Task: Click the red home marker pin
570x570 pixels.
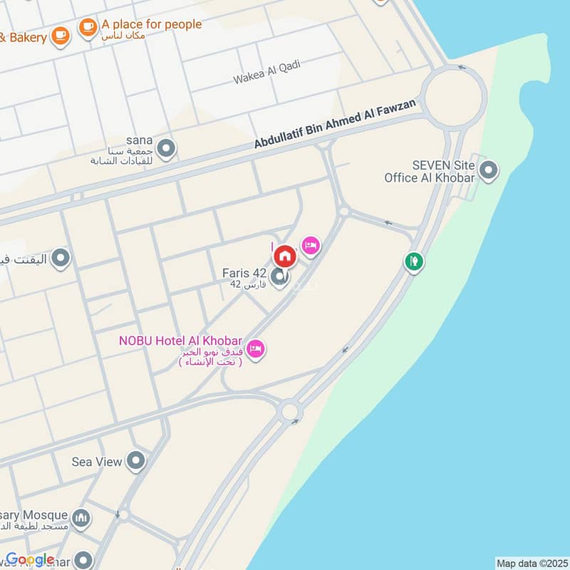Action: [x=285, y=255]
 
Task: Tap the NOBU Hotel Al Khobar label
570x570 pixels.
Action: [x=181, y=341]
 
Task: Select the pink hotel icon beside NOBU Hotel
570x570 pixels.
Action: [x=257, y=348]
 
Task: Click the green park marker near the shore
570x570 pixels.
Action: [x=413, y=262]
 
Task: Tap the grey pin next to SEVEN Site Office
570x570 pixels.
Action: [x=488, y=170]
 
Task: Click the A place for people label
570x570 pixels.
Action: [x=151, y=24]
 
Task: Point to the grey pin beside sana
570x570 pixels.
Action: [x=166, y=149]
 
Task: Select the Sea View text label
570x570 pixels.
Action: [x=97, y=462]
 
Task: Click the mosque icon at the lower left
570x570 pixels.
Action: [x=82, y=516]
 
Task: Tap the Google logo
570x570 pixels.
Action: [x=30, y=559]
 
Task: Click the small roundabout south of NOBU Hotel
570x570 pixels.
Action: [x=289, y=411]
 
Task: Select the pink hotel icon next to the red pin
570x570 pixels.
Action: [x=311, y=247]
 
